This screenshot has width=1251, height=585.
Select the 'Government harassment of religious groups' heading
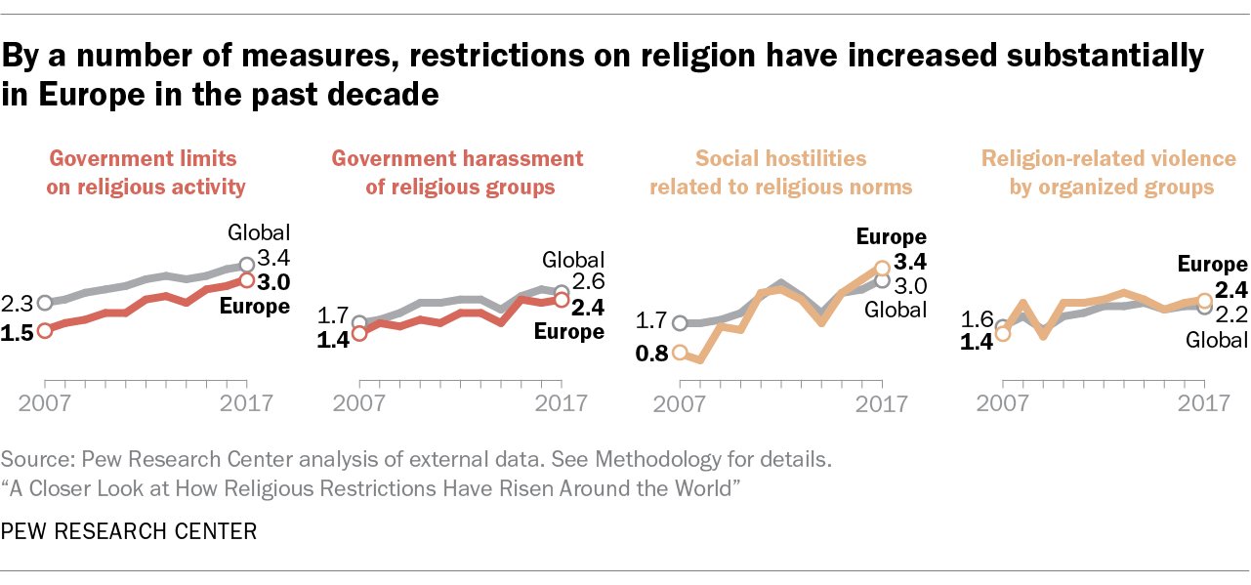(458, 172)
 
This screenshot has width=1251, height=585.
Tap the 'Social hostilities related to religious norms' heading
(780, 172)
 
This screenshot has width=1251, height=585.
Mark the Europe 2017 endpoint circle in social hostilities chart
(882, 267)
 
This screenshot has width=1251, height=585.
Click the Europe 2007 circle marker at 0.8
(680, 354)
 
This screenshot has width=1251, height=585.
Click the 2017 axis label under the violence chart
(1203, 402)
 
